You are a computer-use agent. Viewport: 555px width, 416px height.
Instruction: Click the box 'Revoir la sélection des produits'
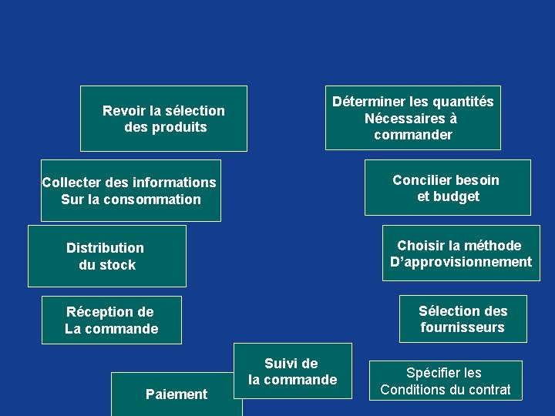coord(163,118)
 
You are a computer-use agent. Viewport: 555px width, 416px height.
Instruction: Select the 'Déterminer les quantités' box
coord(412,117)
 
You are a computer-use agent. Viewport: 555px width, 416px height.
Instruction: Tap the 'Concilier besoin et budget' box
coord(447,187)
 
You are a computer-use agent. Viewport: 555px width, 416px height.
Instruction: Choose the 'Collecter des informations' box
coord(130,190)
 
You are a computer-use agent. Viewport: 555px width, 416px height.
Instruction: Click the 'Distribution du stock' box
coord(106,256)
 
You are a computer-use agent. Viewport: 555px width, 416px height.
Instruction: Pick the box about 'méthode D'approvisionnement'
coord(460,253)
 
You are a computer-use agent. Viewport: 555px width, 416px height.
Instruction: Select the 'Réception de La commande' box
coord(112,320)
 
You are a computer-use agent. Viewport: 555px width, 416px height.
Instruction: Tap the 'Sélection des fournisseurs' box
coord(462,318)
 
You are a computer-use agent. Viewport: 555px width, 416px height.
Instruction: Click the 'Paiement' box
coord(176,394)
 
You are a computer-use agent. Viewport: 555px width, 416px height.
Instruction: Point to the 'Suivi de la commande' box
coord(292,371)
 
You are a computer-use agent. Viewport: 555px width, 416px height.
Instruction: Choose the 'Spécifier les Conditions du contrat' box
coord(445,381)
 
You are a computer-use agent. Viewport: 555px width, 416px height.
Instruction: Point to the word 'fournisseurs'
coord(462,327)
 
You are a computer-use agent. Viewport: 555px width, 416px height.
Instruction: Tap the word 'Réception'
coord(99,312)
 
